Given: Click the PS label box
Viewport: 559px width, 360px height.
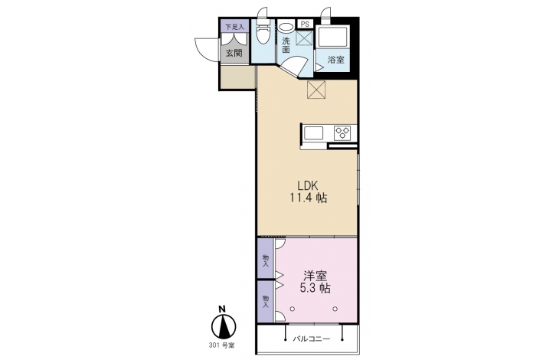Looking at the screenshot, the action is (x=306, y=24).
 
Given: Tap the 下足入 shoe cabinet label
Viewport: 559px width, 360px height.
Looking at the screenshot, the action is (x=234, y=26).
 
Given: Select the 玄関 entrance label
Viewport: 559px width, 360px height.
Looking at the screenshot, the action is (x=234, y=53).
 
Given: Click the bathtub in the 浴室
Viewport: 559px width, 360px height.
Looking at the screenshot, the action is (x=332, y=36).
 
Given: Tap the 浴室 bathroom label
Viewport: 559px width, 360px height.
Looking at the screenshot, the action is (x=336, y=60).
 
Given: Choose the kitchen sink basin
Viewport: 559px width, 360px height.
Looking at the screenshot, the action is (x=313, y=133).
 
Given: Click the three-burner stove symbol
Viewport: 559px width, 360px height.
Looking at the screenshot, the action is (x=342, y=133).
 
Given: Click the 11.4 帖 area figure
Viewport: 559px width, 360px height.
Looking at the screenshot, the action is (x=308, y=198).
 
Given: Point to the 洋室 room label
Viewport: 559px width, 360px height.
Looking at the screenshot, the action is (x=315, y=276).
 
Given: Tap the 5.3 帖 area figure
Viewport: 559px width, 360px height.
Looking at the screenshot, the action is (x=315, y=288).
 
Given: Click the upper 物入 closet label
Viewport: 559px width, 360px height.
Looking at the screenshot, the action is (x=266, y=260).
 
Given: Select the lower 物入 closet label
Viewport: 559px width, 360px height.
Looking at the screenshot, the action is (x=266, y=302).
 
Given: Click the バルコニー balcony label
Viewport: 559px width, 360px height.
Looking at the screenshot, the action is (x=312, y=339).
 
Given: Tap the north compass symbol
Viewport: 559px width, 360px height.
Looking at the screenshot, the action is (x=224, y=326).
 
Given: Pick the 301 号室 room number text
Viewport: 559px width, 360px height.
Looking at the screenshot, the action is (x=222, y=345).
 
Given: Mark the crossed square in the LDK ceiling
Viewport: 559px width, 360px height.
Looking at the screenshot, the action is (x=316, y=89).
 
